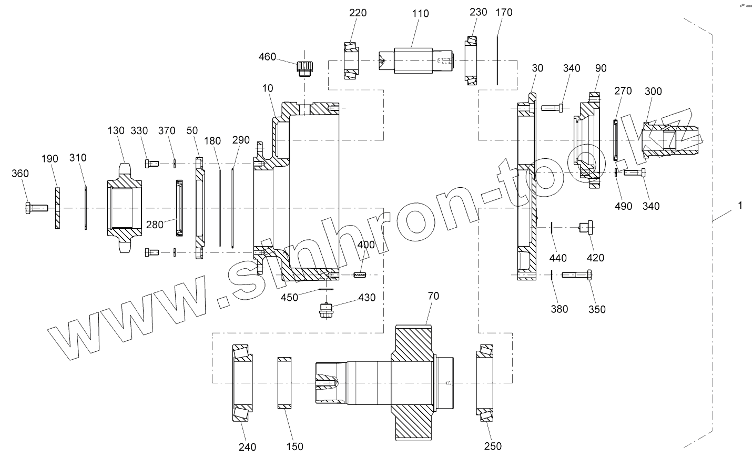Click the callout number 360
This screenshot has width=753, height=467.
pos(20,174)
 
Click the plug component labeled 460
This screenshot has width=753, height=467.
pos(304,68)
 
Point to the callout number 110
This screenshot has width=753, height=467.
pos(420,14)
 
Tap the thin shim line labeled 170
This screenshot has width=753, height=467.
pos(497,60)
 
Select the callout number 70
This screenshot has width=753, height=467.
pos(433,296)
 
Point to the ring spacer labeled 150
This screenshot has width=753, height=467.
pos(284,382)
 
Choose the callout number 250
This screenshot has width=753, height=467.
pos(493,446)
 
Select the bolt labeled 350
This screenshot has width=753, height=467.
pos(578,275)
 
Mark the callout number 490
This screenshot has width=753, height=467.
pos(623,206)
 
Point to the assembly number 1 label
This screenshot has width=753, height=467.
pos(740,206)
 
